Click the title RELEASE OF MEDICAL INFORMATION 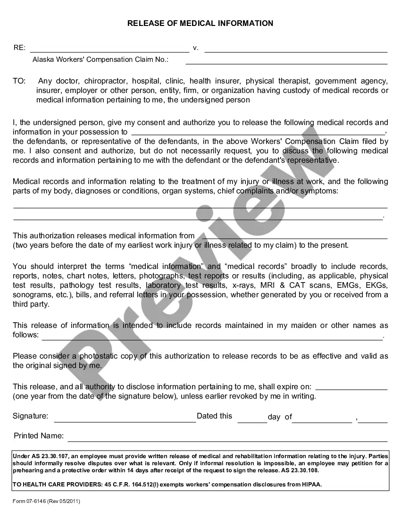coord(200,23)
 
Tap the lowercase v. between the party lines coord(196,48)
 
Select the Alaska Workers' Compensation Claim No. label coord(100,59)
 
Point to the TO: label coord(19,81)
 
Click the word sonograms coord(30,295)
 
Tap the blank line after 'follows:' coord(212,338)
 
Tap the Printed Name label coord(39,435)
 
